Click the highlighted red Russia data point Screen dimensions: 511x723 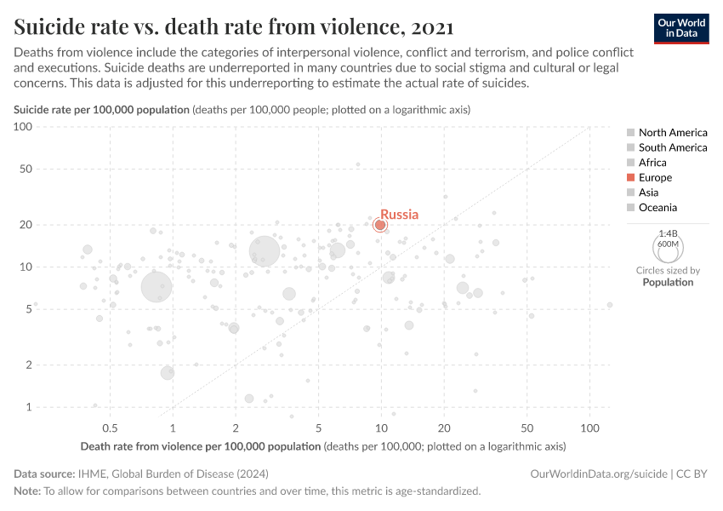380,225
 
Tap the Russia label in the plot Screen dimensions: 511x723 399,215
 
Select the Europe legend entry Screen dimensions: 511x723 655,177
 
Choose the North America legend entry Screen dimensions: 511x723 672,132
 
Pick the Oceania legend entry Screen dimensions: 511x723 658,207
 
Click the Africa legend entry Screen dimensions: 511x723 652,162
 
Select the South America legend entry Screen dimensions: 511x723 672,147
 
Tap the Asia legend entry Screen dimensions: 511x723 649,192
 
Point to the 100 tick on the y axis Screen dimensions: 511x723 22,127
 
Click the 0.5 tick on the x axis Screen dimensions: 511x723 110,428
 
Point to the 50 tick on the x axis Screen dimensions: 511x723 527,428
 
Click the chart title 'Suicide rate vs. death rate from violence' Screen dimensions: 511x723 233,27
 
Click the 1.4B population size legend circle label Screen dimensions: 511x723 669,233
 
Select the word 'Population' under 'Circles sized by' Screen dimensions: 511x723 668,282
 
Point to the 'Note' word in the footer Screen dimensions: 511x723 27,491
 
